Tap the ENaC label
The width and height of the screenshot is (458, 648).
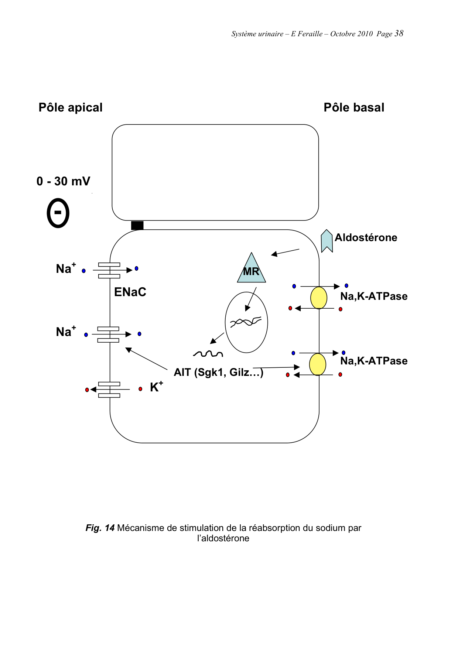[x=130, y=292]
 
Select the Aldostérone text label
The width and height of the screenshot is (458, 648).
[x=366, y=237]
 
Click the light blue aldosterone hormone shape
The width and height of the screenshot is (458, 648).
[x=327, y=241]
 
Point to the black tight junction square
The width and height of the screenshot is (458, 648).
[x=137, y=225]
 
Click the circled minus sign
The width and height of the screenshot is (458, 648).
[x=58, y=213]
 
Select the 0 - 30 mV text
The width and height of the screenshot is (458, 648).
[x=63, y=181]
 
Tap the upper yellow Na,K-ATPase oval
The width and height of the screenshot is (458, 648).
[x=319, y=298]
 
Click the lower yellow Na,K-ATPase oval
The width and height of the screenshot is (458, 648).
[x=318, y=364]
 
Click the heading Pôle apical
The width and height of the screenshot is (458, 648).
[x=71, y=107]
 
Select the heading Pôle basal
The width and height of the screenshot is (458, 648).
[x=354, y=107]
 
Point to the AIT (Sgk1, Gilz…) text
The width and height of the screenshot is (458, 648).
[x=218, y=372]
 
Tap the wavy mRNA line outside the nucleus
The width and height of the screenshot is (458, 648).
[x=208, y=354]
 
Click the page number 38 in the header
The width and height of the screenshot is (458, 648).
[x=399, y=33]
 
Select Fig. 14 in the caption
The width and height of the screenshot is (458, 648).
[x=100, y=528]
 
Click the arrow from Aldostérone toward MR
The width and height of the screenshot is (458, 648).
[x=285, y=252]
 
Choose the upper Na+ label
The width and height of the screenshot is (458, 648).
[x=66, y=268]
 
